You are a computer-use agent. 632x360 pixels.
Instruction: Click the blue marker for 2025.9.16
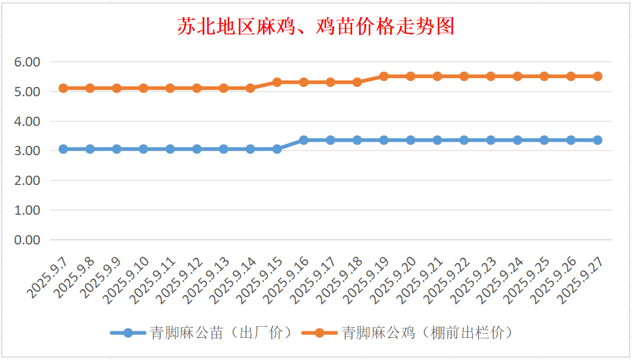coord(304,140)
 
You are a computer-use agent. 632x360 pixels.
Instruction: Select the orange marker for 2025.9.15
coord(277,82)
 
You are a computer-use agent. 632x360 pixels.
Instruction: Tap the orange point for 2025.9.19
coord(384,76)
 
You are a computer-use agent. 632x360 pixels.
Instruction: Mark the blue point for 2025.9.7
coord(63,149)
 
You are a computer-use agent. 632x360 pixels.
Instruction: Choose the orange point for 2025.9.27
coord(598,76)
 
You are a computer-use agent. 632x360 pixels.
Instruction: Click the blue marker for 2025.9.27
coord(598,140)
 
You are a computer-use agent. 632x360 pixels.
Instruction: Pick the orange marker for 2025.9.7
coord(63,88)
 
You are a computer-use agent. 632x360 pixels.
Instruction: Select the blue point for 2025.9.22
coord(464,140)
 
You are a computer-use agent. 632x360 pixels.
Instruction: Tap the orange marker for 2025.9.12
coord(197,88)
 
